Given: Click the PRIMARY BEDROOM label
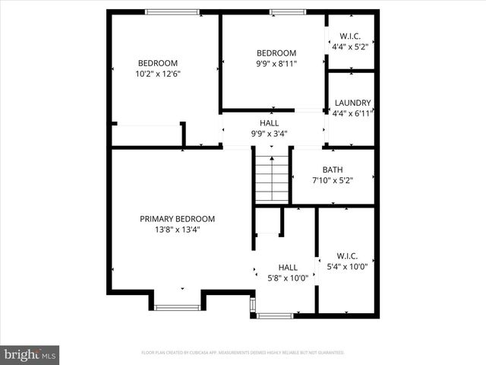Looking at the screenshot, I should tap(177, 219).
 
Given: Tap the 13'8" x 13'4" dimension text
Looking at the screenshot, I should tap(177, 230).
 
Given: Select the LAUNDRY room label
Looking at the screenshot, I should tap(352, 103).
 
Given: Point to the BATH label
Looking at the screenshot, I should tap(333, 170).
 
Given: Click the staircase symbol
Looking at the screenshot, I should tap(272, 179).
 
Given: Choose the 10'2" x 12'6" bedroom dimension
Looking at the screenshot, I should tap(157, 74).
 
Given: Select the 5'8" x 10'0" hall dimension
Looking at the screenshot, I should tap(287, 278).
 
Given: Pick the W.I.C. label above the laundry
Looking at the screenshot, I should tap(350, 36).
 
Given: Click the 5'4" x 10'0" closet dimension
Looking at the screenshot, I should tap(346, 267).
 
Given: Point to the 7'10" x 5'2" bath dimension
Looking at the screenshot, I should tap(333, 180).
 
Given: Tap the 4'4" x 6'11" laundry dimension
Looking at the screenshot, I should tap(352, 113).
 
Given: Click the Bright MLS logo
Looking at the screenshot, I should tap(30, 354).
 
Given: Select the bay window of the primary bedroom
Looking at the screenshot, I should tap(177, 307).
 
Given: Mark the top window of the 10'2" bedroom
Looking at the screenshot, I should tap(172, 11).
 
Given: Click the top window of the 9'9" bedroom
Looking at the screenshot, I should tap(282, 11).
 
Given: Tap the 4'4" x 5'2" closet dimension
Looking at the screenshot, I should tap(350, 46).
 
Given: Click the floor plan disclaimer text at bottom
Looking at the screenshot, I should tap(243, 353).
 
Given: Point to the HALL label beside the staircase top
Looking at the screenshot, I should tap(270, 122).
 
